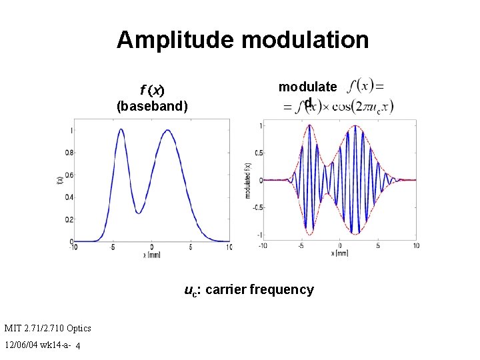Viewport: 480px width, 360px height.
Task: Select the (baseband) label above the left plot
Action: click(152, 105)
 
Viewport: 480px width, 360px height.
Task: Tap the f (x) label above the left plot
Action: click(152, 90)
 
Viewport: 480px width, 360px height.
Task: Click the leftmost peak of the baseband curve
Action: click(121, 131)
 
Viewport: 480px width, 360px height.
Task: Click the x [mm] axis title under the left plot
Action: click(152, 254)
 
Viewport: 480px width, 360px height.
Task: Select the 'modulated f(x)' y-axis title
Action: click(247, 180)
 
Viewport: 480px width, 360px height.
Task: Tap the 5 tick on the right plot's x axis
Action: click(378, 245)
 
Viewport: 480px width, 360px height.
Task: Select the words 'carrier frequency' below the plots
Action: click(259, 289)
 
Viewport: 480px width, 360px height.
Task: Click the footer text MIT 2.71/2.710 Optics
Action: click(47, 327)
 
